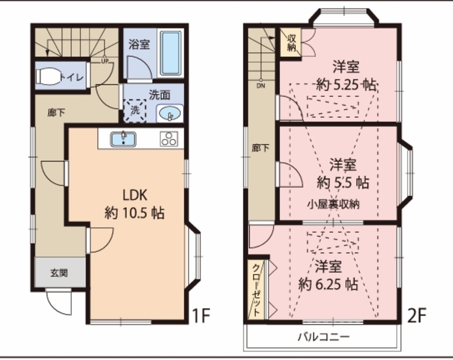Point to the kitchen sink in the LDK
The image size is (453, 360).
[123, 138]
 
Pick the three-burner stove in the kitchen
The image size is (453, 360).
[168, 139]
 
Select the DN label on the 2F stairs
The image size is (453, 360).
[261, 86]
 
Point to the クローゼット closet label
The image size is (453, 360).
[256, 290]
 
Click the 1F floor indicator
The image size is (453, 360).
[201, 315]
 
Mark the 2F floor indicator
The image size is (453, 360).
[417, 315]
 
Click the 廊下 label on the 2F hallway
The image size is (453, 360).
[261, 148]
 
